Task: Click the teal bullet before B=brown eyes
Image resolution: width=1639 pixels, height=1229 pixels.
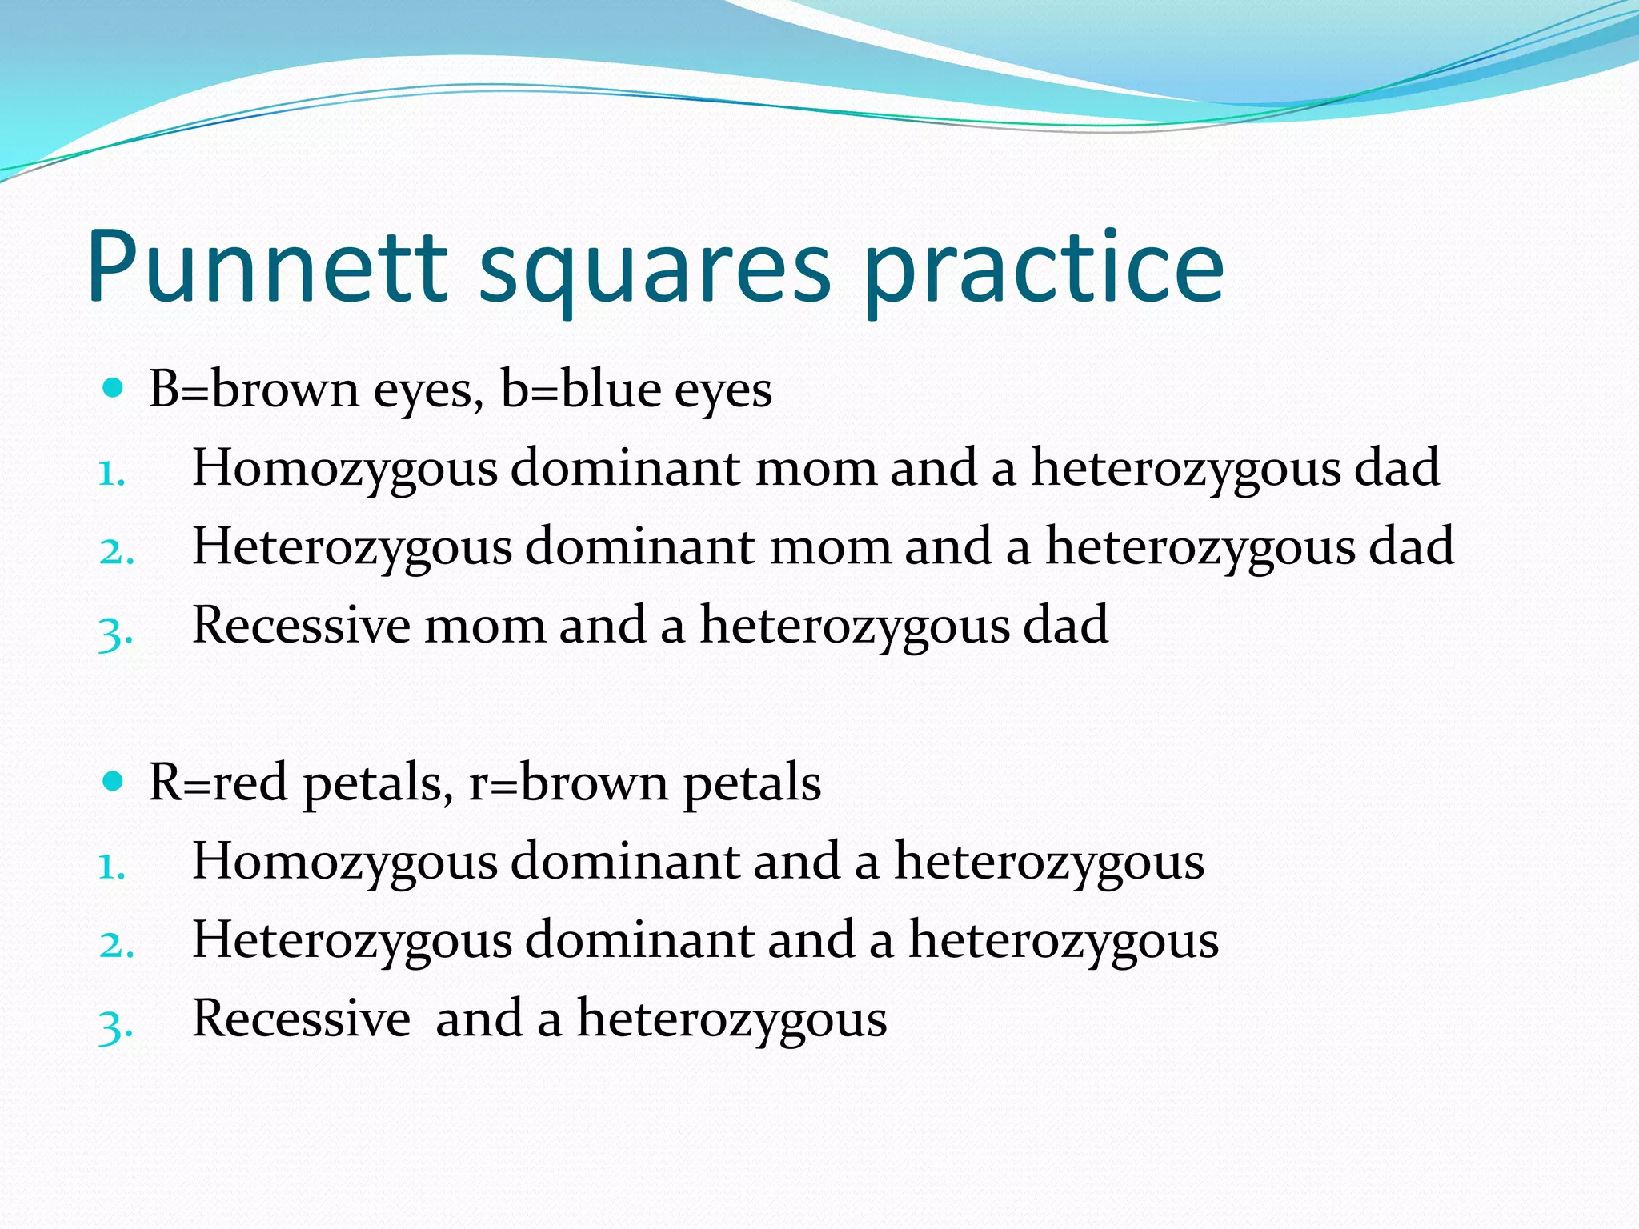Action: pos(114,390)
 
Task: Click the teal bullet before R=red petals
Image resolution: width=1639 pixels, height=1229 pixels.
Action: pos(114,781)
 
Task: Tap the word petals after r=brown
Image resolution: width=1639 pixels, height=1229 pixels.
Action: pos(751,784)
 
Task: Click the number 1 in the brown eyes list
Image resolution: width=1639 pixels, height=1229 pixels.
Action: pos(111,474)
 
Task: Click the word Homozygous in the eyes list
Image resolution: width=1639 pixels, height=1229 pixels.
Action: pos(345,469)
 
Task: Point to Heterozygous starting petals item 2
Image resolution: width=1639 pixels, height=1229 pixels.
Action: pos(352,940)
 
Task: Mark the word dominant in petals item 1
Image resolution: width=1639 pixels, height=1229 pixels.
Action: pos(625,861)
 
